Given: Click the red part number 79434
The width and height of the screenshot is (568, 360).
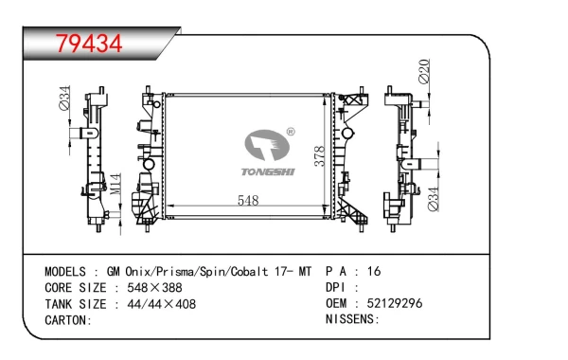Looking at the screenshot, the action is [89, 44].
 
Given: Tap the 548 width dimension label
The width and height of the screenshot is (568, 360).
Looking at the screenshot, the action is [248, 200].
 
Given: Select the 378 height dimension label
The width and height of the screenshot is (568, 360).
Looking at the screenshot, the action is [320, 156].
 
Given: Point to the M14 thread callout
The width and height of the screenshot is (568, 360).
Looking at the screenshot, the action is [115, 184].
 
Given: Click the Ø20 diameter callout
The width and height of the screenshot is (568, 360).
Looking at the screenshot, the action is [424, 71].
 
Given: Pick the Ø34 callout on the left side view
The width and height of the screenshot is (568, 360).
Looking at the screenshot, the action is [64, 98].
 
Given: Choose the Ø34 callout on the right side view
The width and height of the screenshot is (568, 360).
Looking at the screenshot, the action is [434, 199].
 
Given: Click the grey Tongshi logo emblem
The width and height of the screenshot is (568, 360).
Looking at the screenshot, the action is [267, 145].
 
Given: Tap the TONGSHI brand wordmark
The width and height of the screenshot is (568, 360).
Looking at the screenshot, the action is [268, 171].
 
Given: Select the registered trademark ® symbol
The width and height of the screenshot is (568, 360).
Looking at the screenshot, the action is [291, 132].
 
